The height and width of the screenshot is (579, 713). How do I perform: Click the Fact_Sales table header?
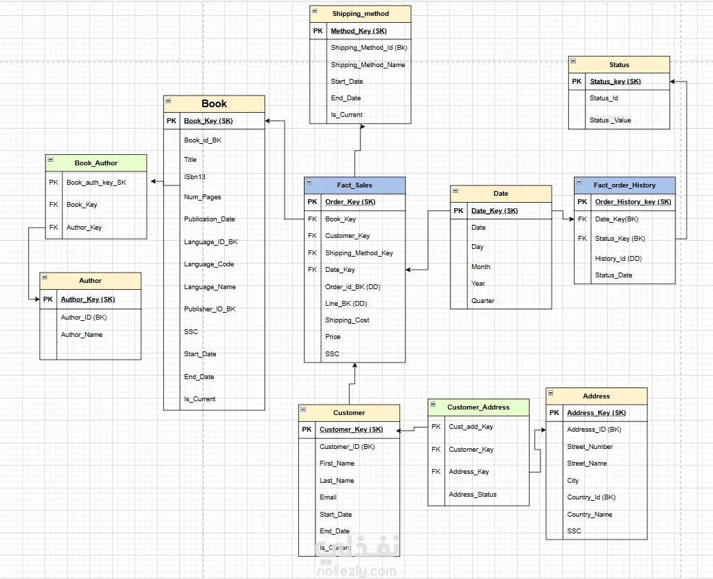click(x=354, y=185)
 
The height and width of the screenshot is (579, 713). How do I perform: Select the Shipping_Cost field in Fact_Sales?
click(x=347, y=320)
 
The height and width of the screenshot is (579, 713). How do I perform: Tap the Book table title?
click(x=214, y=104)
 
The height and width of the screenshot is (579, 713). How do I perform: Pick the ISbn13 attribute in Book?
click(x=195, y=177)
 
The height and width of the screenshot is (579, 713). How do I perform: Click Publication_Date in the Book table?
click(x=209, y=219)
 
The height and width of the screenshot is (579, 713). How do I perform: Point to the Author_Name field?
click(x=82, y=335)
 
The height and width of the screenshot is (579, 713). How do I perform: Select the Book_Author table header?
click(x=96, y=163)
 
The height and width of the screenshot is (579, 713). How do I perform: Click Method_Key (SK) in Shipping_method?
click(x=359, y=31)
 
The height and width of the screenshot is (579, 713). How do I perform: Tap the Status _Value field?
click(x=611, y=120)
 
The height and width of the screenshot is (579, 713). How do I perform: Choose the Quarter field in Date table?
click(x=483, y=300)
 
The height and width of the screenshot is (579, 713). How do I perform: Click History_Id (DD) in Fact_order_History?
click(x=618, y=259)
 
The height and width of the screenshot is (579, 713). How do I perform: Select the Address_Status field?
click(x=473, y=495)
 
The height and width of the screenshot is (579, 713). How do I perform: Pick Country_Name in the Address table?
click(x=590, y=515)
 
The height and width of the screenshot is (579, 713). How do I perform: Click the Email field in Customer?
click(x=328, y=497)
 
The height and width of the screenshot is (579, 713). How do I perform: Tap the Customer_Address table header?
click(x=478, y=407)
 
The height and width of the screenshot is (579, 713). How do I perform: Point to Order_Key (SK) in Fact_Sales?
click(x=350, y=202)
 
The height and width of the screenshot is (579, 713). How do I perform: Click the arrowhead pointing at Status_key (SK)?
click(x=673, y=82)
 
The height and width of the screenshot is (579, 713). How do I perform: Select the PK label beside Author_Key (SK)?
click(x=48, y=299)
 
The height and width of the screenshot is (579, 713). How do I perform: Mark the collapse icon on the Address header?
click(x=550, y=393)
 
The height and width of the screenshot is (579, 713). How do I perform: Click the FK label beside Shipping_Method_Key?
click(x=312, y=252)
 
